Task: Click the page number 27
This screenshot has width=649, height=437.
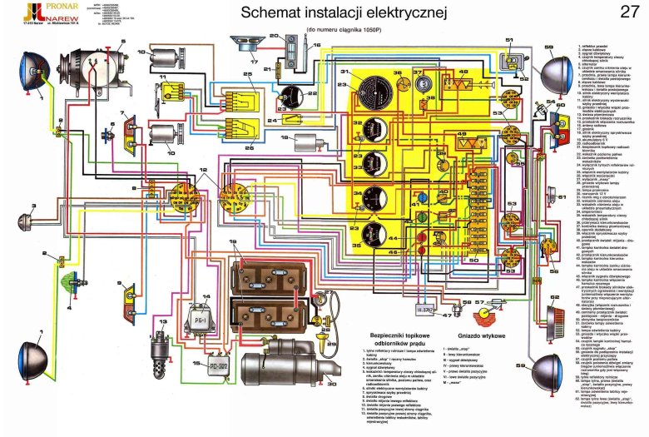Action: tap(630, 13)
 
